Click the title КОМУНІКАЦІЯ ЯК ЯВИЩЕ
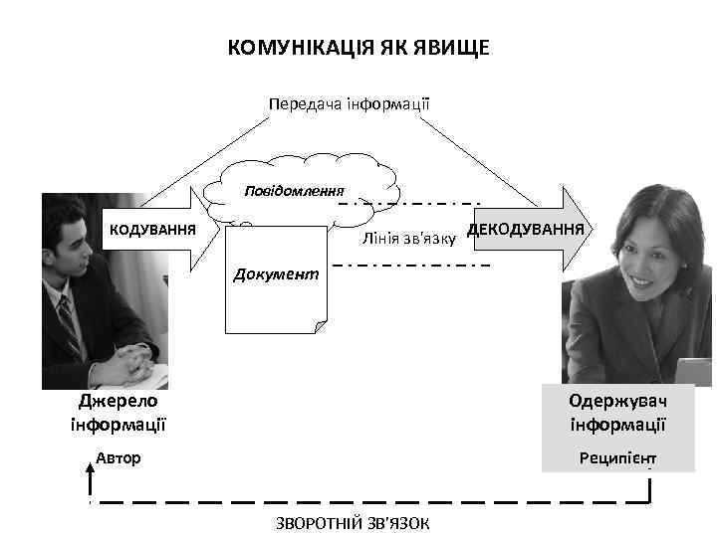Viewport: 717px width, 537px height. (x=358, y=48)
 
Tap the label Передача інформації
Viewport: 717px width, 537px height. (x=349, y=102)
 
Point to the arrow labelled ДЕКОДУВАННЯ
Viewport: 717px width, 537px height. (x=528, y=229)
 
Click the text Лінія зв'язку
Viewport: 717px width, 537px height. (x=409, y=240)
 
